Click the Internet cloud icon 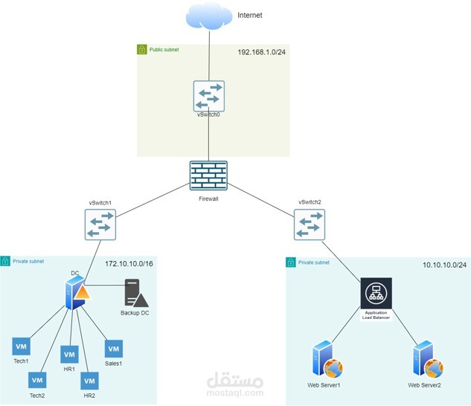click(209, 17)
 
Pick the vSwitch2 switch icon click(308, 224)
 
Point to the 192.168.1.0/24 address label click(261, 52)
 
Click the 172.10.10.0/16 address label click(129, 264)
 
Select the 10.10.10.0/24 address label click(444, 265)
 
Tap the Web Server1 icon click(326, 360)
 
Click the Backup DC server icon click(135, 294)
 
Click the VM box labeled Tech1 click(21, 347)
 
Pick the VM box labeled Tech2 click(37, 380)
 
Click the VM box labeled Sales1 click(113, 348)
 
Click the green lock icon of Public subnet click(142, 49)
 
